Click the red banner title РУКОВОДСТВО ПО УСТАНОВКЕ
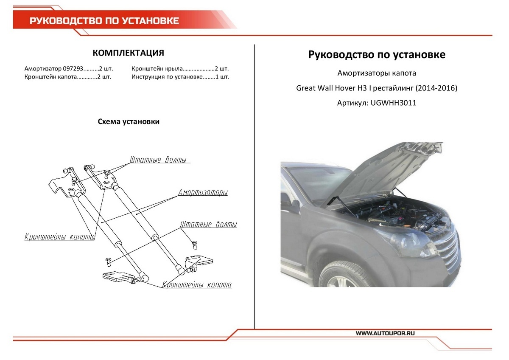(104, 21)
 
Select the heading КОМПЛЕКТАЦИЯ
(128, 53)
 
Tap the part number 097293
(72, 69)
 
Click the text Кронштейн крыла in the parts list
(157, 69)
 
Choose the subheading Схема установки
(129, 122)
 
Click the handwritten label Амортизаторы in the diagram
(202, 192)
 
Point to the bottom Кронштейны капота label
(197, 284)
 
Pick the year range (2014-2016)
(436, 88)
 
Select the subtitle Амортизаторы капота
(377, 73)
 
